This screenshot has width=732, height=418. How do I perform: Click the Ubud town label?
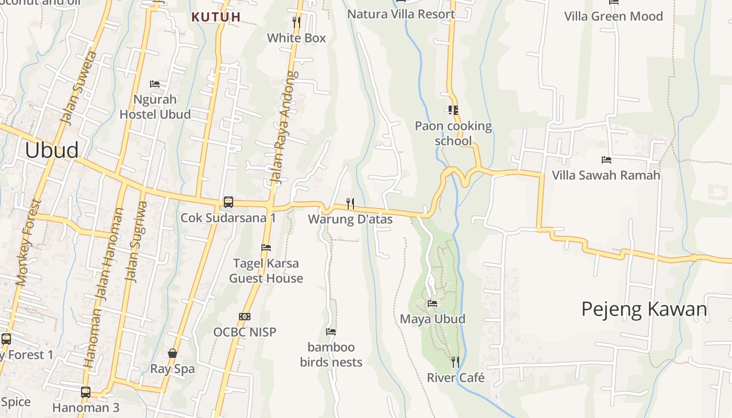point(52,150)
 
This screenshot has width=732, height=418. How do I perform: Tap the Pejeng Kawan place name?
point(644,309)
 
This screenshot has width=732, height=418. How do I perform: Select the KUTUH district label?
point(216,17)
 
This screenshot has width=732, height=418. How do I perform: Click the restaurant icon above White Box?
point(296,22)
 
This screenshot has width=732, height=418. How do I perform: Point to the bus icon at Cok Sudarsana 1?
point(228,202)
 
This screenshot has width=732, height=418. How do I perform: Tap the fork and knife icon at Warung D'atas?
point(350,203)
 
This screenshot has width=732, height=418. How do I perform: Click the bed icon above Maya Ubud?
point(432,303)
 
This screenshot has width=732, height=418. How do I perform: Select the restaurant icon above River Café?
point(455,362)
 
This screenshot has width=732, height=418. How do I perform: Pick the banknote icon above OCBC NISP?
point(244,317)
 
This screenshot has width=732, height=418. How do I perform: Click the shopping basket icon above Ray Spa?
point(173,353)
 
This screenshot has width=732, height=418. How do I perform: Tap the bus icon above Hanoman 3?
point(86,392)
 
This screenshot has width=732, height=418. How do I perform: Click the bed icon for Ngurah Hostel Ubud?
point(155,84)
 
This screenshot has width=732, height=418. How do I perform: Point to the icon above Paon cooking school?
point(453,110)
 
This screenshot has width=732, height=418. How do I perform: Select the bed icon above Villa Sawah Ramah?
point(607,159)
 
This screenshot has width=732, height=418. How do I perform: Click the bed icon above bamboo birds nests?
point(331,331)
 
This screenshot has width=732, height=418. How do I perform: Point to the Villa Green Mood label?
point(613,16)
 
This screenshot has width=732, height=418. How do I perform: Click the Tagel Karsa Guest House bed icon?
point(266,247)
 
